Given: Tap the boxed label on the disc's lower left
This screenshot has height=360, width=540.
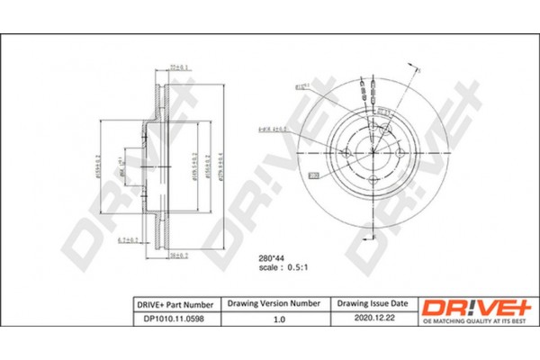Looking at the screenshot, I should (314, 174).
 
